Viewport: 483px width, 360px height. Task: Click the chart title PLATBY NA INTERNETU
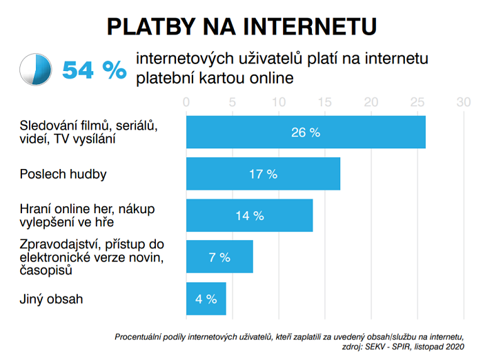pyautogui.click(x=241, y=26)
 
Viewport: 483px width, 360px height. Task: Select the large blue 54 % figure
pyautogui.click(x=95, y=70)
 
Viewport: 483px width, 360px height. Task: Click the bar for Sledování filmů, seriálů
pyautogui.click(x=306, y=132)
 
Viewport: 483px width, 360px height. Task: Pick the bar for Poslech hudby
pyautogui.click(x=263, y=174)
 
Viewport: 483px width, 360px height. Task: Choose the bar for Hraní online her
pyautogui.click(x=249, y=215)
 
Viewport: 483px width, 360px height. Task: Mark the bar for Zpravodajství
pyautogui.click(x=219, y=257)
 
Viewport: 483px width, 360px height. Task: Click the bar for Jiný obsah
pyautogui.click(x=206, y=299)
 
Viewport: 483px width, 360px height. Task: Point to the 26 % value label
pyautogui.click(x=306, y=132)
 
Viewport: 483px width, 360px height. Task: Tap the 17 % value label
pyautogui.click(x=263, y=174)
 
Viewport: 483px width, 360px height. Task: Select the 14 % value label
pyautogui.click(x=249, y=215)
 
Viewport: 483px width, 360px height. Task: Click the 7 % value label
pyautogui.click(x=219, y=257)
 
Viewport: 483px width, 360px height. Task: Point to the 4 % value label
pyautogui.click(x=206, y=299)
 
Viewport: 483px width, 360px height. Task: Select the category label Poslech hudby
pyautogui.click(x=63, y=174)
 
